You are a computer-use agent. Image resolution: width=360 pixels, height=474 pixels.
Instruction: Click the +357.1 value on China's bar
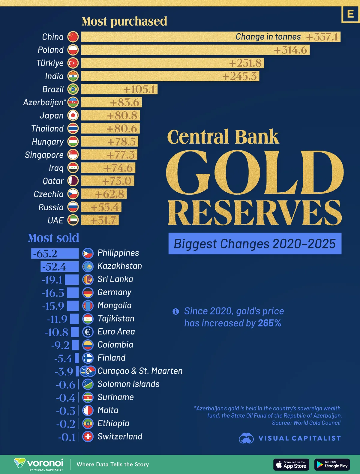click(322, 37)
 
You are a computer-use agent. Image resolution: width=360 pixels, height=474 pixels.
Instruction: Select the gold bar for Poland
click(195, 50)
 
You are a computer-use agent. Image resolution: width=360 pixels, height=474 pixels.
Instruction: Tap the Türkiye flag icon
click(73, 63)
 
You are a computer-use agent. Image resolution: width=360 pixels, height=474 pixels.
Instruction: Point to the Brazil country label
click(53, 89)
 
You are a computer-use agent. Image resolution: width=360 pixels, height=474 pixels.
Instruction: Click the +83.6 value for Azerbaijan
click(125, 103)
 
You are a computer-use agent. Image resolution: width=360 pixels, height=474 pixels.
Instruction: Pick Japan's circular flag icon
click(73, 115)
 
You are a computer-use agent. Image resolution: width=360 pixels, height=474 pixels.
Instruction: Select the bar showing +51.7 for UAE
click(100, 220)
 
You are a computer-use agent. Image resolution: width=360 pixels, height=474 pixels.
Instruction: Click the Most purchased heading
click(124, 21)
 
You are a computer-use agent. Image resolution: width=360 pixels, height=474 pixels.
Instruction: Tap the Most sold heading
click(53, 238)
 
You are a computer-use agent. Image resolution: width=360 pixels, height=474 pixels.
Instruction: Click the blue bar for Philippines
click(55, 253)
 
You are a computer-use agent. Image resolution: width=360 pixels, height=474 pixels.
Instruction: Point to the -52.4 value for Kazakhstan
click(54, 267)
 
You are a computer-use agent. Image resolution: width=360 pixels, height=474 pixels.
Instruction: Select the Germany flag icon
click(88, 292)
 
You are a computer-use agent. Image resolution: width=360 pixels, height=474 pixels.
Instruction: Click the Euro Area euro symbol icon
click(88, 332)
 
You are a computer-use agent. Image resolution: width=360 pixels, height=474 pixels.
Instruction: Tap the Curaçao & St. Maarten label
click(140, 371)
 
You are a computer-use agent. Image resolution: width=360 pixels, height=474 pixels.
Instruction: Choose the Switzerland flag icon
click(88, 436)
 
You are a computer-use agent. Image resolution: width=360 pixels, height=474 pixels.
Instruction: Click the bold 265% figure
click(269, 323)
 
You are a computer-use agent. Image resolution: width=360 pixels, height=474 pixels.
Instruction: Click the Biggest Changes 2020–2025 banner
click(255, 244)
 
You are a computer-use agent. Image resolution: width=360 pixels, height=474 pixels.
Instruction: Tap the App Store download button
click(291, 464)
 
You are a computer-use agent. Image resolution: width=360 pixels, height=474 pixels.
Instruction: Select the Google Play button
click(332, 464)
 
